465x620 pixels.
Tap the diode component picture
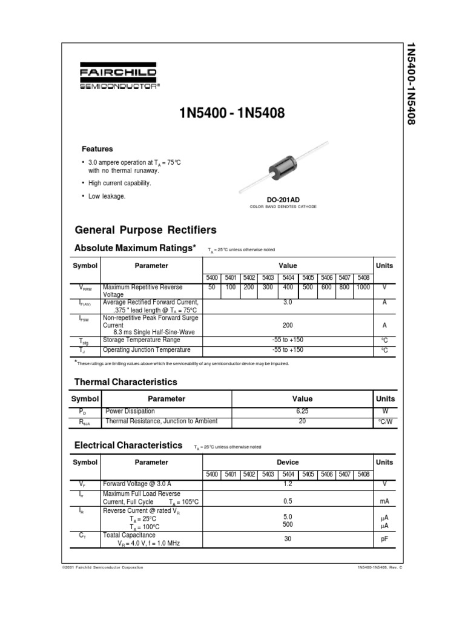click(x=283, y=170)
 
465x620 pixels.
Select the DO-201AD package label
click(x=283, y=199)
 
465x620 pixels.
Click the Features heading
click(x=97, y=149)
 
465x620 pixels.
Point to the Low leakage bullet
click(x=107, y=196)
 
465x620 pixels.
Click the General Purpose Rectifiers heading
click(x=145, y=230)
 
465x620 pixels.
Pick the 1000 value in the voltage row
click(x=363, y=288)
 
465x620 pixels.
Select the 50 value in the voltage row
click(x=212, y=288)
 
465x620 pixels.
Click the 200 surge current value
click(x=288, y=325)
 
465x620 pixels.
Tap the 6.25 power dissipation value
click(x=302, y=411)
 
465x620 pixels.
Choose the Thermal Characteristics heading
click(x=125, y=382)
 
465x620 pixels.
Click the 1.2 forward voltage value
click(x=288, y=484)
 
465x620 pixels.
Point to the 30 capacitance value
click(x=288, y=538)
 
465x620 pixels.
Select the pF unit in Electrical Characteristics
click(x=384, y=538)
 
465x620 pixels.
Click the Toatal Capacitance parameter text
click(x=129, y=535)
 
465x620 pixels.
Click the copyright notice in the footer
click(x=103, y=567)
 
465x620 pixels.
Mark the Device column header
click(x=288, y=462)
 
